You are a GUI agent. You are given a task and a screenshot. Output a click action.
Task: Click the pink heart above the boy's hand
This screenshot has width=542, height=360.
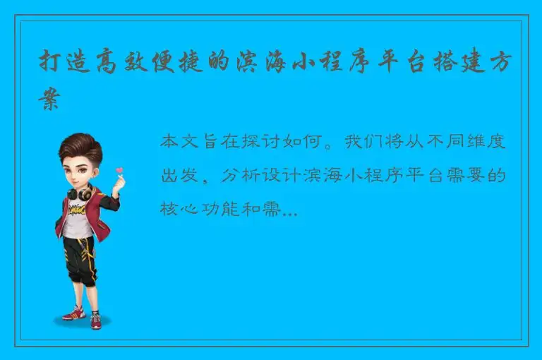120,170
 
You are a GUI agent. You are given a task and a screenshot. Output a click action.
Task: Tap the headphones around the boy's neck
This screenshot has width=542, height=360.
80,192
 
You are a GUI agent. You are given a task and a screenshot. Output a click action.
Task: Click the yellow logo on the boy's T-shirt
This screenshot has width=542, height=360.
76,209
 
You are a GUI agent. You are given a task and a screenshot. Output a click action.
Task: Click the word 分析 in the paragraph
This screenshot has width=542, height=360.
239,176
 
